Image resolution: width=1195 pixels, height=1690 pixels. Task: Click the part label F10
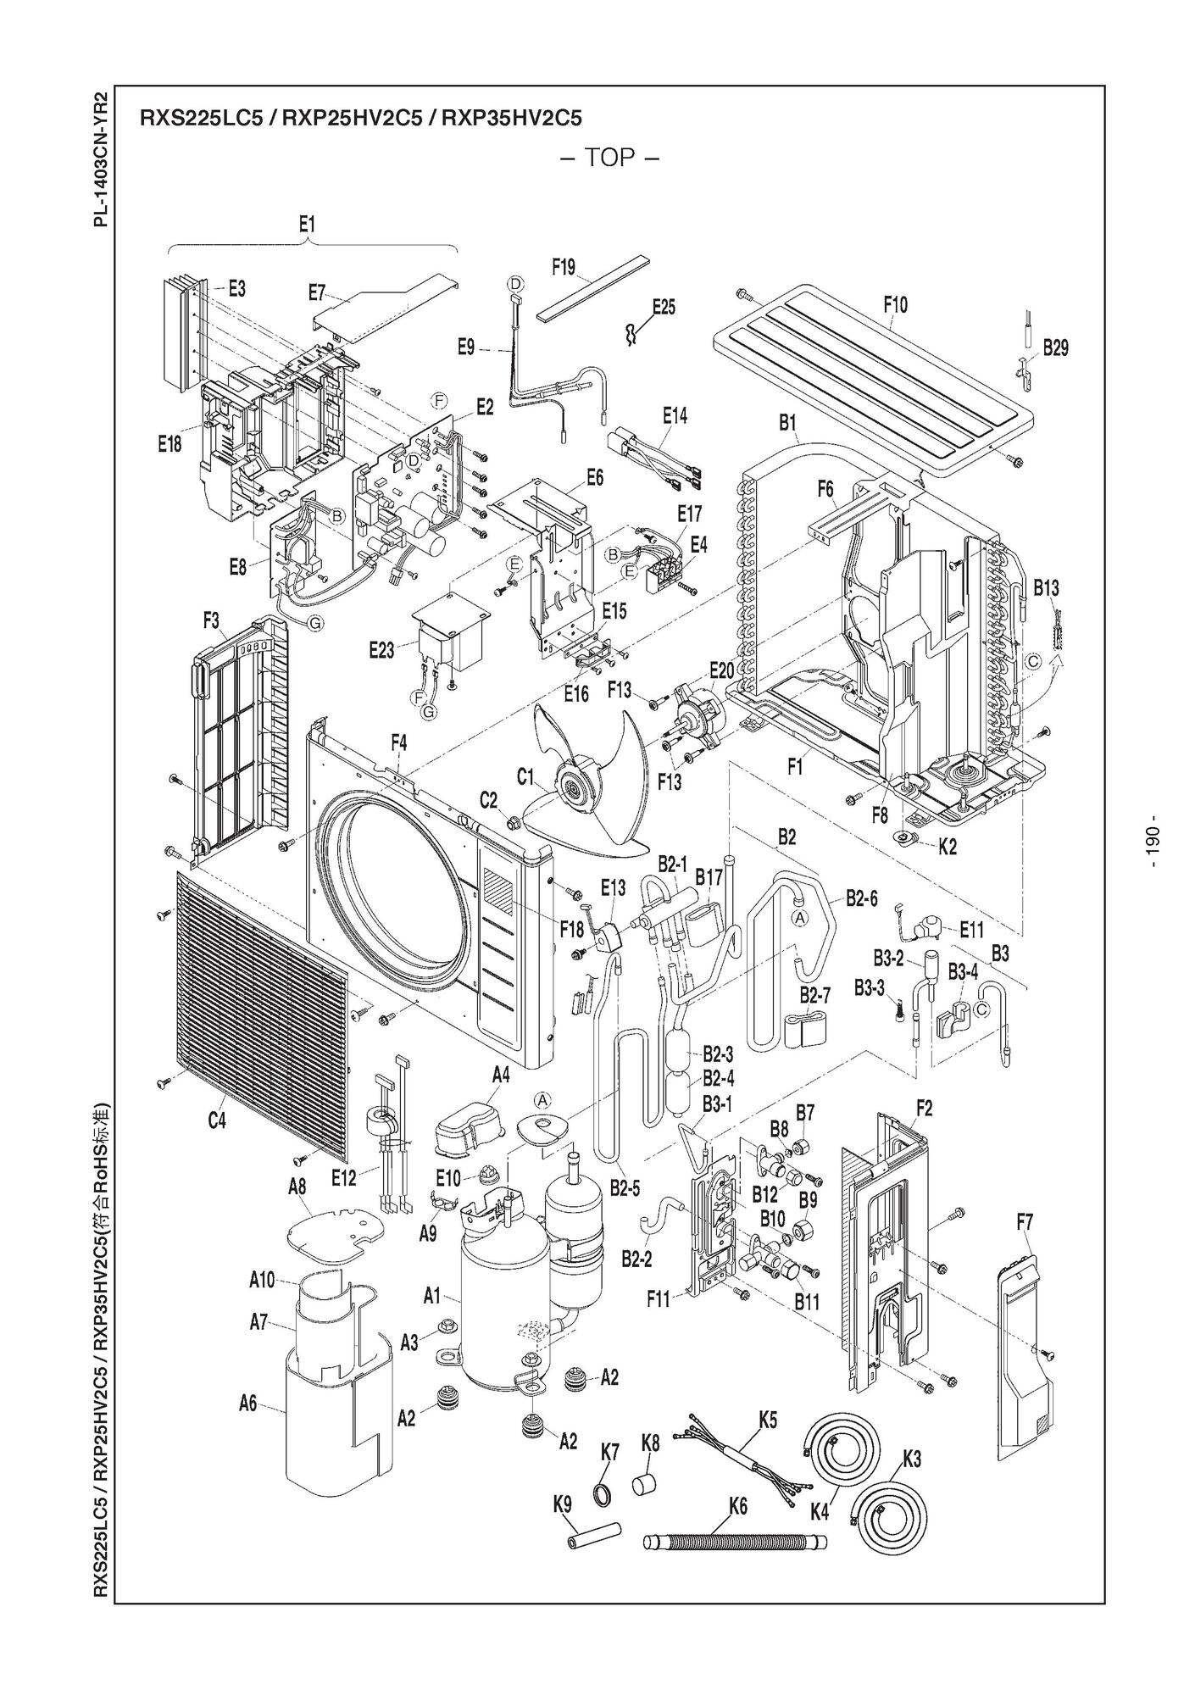(x=894, y=304)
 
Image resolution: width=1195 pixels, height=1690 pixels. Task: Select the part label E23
(x=382, y=650)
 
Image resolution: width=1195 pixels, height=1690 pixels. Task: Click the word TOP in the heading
(x=609, y=158)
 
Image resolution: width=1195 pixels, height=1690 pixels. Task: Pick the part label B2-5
(x=625, y=1188)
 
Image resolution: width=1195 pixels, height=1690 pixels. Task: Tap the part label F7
(x=1025, y=1222)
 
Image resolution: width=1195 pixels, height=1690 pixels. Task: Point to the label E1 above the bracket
(x=307, y=225)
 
